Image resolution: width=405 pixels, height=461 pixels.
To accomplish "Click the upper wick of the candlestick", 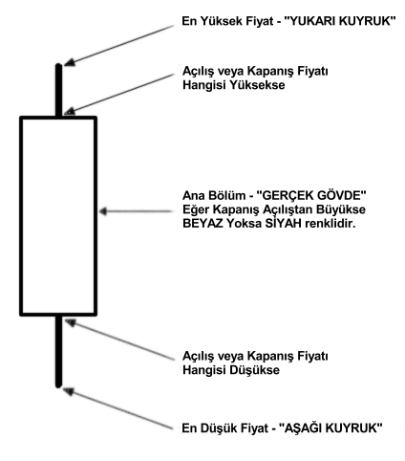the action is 59,90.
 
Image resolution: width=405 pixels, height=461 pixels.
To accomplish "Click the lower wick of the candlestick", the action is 58,351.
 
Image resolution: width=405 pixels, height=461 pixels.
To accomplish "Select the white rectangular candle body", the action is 58,216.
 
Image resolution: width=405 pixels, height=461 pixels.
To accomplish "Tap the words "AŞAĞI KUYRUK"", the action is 330,428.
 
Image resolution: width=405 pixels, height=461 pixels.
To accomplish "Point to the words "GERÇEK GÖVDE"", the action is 311,195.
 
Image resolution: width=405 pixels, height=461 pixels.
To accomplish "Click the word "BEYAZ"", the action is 202,224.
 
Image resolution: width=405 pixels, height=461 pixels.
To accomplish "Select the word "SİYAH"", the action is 284,223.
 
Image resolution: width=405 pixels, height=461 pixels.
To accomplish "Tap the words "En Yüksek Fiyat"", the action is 227,21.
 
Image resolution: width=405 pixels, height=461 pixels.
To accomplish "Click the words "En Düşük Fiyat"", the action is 224,428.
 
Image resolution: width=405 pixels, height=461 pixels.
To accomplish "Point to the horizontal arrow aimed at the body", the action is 136,211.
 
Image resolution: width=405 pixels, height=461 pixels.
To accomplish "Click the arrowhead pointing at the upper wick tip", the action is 70,62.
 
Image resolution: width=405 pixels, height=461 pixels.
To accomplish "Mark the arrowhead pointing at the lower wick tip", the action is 69,391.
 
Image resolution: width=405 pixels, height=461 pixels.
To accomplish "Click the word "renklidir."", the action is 330,224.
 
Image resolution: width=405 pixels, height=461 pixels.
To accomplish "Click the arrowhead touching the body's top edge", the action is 70,111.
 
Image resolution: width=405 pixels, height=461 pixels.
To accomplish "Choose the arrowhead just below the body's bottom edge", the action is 71,322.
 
